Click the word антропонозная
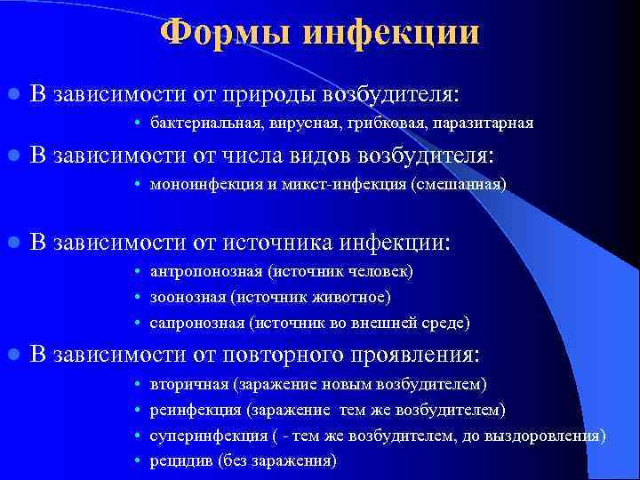pos(200,271)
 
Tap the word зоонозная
pos(185,297)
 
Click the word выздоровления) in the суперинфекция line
pos(553,436)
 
